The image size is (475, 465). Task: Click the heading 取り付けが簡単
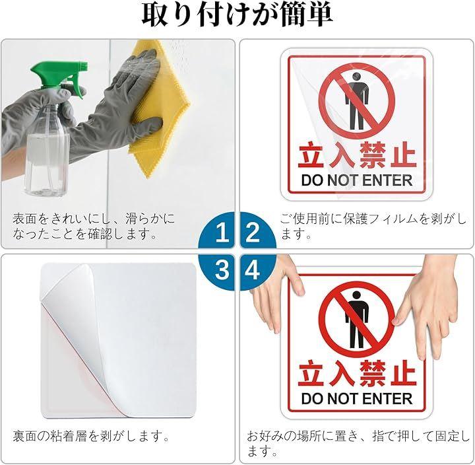pos(237,15)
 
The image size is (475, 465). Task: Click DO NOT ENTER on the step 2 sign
pos(356,180)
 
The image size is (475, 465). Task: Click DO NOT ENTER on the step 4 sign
pos(357,399)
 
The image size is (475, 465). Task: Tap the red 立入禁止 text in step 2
pos(356,156)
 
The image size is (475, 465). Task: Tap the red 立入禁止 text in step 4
pos(357,374)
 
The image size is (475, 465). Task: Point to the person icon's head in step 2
pos(357,76)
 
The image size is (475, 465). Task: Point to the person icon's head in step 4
pos(357,295)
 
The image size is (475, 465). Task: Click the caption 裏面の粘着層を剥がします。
pos(91,437)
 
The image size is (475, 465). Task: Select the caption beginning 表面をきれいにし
pos(94,227)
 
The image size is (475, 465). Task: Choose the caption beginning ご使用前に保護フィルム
pos(373,227)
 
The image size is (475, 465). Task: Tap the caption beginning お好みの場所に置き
pos(358,443)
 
